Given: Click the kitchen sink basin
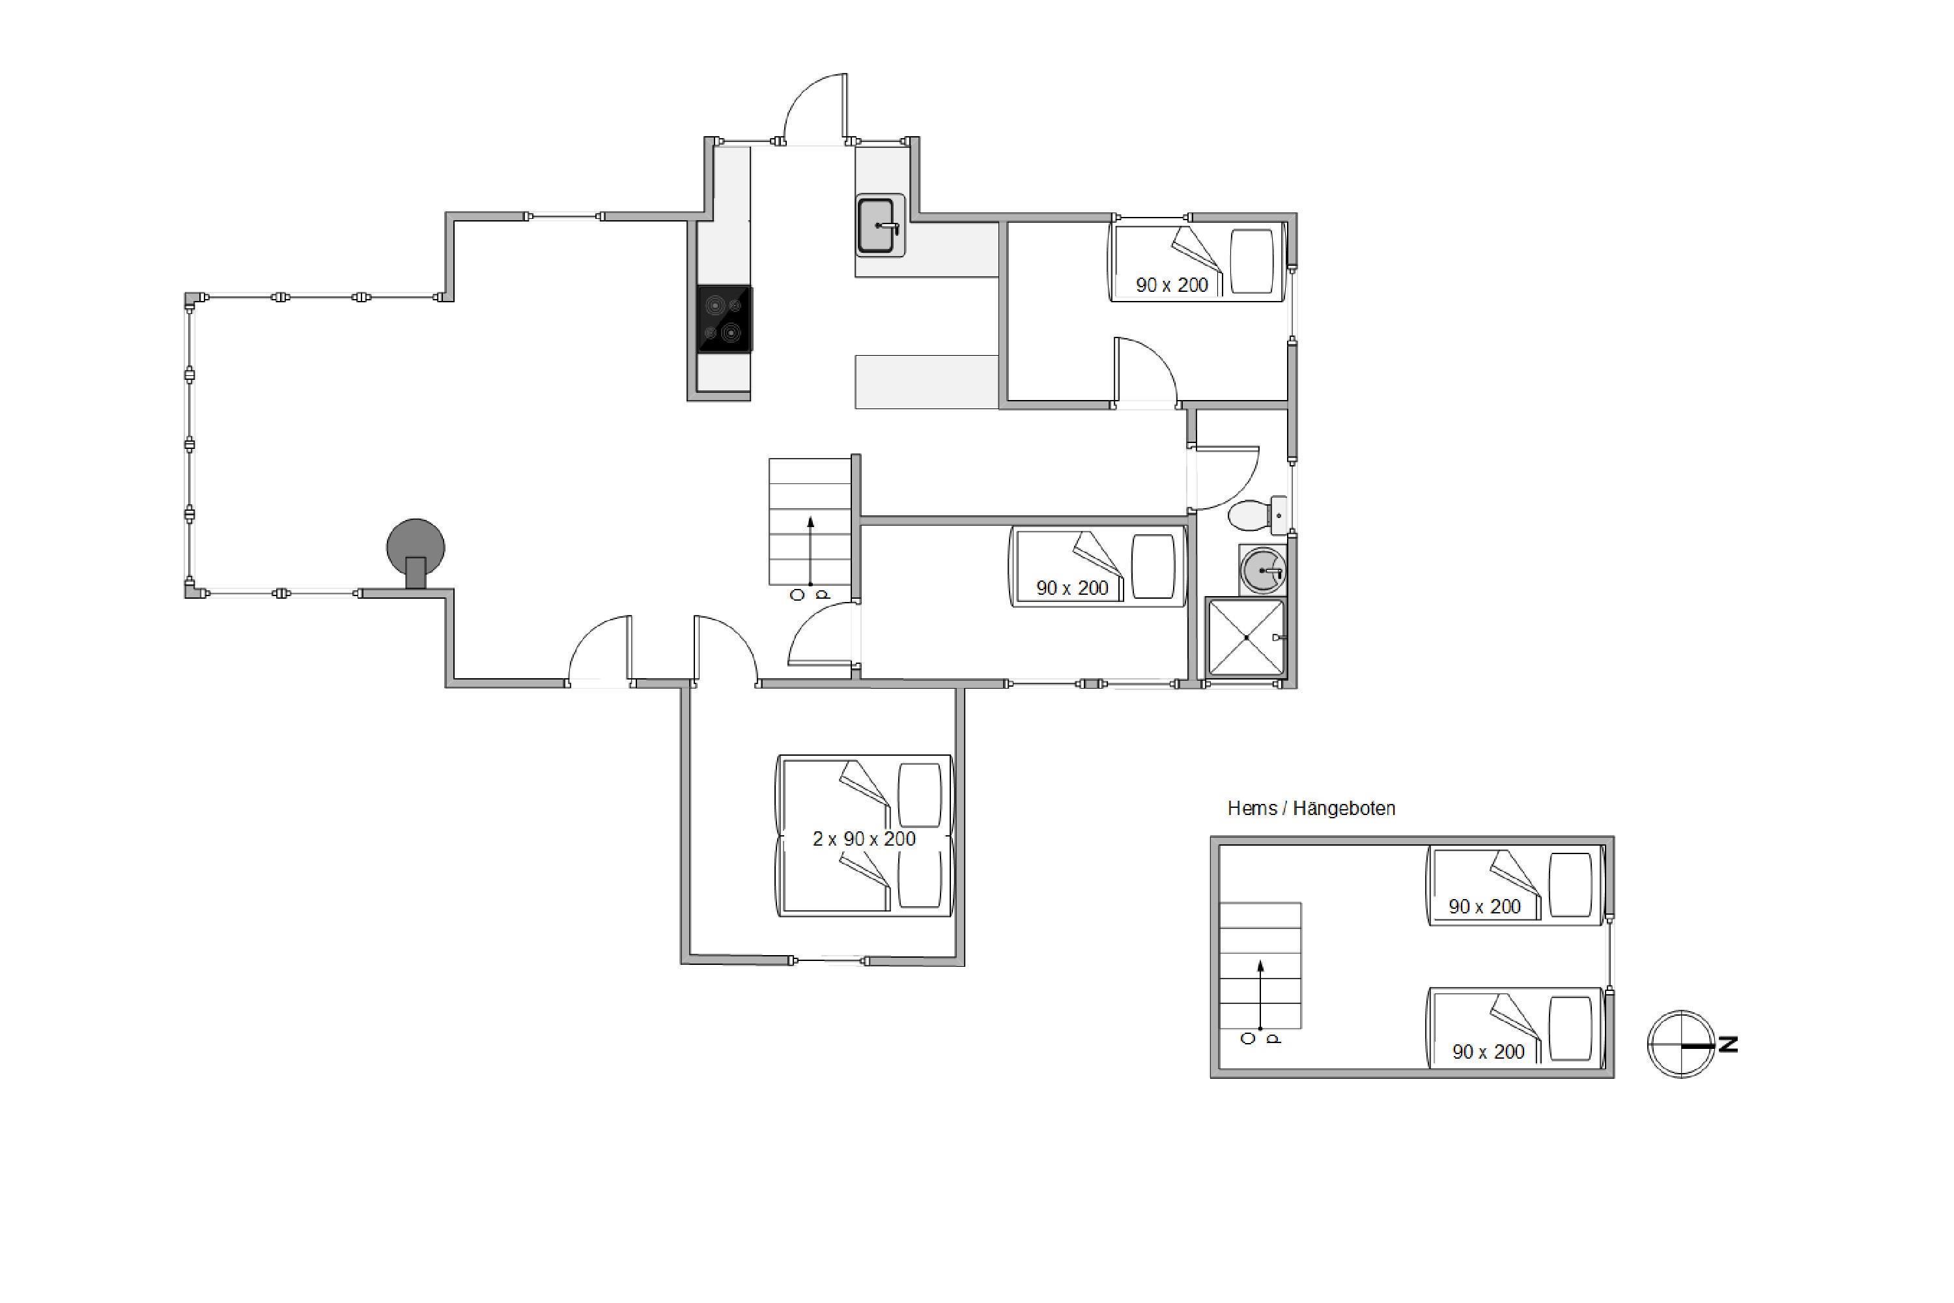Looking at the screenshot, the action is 877,224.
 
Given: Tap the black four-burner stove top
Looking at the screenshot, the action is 724,319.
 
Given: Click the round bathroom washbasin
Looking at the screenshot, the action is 1263,570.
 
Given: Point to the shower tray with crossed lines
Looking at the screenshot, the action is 1246,637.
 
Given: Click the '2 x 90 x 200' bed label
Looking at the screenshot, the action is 864,839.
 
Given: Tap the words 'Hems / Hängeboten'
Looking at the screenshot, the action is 1311,809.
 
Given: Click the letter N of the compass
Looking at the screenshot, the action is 1728,1044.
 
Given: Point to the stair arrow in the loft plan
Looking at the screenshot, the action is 1260,995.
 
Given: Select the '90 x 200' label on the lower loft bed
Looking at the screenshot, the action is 1488,1052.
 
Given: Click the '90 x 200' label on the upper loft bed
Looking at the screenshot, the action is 1484,907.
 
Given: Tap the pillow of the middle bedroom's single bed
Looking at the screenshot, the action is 1153,566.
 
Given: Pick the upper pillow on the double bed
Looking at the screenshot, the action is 920,795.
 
